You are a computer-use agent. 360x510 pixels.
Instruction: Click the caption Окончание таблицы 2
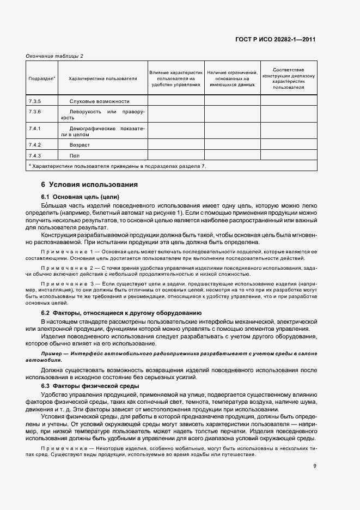click(x=54, y=56)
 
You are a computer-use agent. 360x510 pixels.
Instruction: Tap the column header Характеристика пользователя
click(x=102, y=79)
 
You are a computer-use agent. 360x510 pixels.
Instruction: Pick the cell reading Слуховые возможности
click(x=99, y=101)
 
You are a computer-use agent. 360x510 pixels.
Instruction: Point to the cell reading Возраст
click(x=80, y=145)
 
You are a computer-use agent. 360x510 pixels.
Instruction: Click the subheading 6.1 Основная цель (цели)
click(x=80, y=196)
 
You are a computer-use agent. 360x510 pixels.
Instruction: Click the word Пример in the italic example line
click(x=50, y=354)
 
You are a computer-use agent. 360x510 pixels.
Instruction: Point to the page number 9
click(x=315, y=465)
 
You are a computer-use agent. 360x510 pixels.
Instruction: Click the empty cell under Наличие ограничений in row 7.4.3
click(x=232, y=156)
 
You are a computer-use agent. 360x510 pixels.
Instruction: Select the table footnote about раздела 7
click(x=117, y=166)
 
